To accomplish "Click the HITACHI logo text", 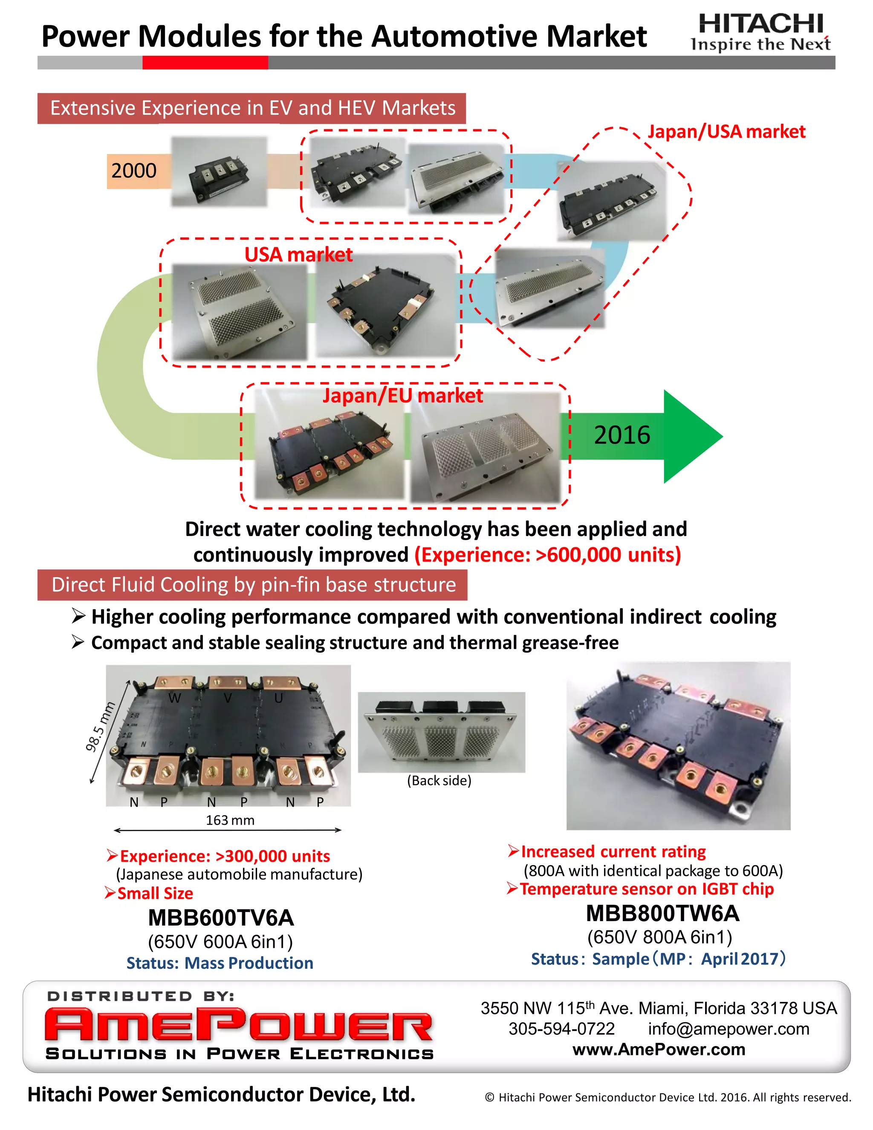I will click(x=760, y=23).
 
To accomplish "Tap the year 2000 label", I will click(x=133, y=171).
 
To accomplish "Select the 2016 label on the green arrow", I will click(x=622, y=435).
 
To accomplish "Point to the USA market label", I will click(x=298, y=255).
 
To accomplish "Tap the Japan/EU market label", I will click(x=402, y=396).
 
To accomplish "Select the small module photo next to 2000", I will click(x=219, y=172).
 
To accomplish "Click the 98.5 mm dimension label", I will click(x=100, y=727).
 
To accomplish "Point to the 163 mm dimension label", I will click(x=230, y=820).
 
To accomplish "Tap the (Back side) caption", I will click(x=439, y=781).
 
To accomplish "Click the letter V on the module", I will click(x=228, y=698).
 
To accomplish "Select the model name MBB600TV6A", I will click(x=221, y=918).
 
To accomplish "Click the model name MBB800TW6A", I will click(x=662, y=914).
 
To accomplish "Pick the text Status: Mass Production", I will click(x=220, y=963).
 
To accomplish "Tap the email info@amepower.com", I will click(x=728, y=1029).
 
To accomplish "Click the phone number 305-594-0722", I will click(x=562, y=1029).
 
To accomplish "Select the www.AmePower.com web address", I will click(x=659, y=1050).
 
